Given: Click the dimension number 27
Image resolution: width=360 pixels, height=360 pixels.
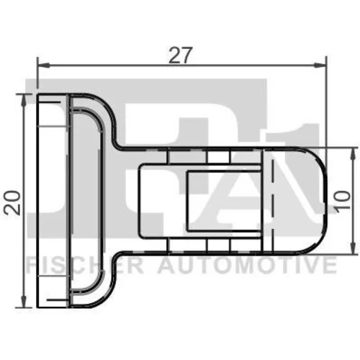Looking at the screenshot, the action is coord(181,55).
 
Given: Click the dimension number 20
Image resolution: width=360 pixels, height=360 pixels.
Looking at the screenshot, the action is coord(13,202).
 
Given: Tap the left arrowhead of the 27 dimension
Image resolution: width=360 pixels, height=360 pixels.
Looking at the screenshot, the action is coord(43,65).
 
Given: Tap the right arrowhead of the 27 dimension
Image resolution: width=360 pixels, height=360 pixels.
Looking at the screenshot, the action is coord(320,65).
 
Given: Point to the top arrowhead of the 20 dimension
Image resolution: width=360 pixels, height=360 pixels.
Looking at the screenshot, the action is coord(24,100).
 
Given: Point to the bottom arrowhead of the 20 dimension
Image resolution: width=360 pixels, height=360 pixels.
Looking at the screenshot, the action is coord(24,301).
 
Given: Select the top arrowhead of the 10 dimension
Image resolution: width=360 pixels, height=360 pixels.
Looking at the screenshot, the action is coord(353,154).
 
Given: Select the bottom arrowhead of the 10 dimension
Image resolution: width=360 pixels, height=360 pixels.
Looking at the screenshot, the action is coord(353,247).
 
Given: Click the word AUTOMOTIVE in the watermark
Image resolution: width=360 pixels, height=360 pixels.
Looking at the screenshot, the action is coord(247,265).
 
